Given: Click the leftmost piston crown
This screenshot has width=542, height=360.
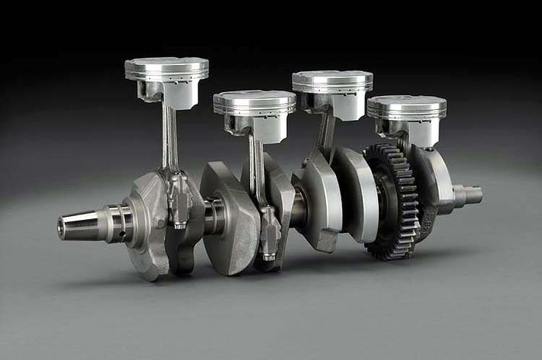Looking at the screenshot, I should click(x=166, y=65).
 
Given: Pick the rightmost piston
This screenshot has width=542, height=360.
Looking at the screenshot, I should click(x=406, y=107).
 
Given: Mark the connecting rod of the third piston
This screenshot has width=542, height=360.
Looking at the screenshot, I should click(x=326, y=135).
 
